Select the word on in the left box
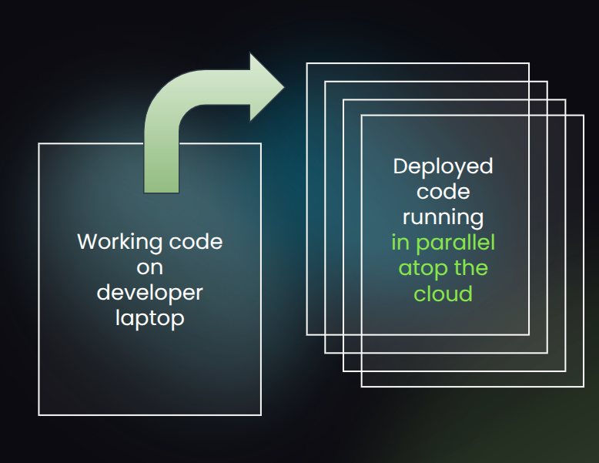149,267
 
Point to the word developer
149,293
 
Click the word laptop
149,318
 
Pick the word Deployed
443,166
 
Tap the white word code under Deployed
443,191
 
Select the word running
443,218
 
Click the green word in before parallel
400,243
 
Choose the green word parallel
454,243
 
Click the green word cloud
443,294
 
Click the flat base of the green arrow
162,190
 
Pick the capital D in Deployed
400,166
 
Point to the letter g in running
477,220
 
